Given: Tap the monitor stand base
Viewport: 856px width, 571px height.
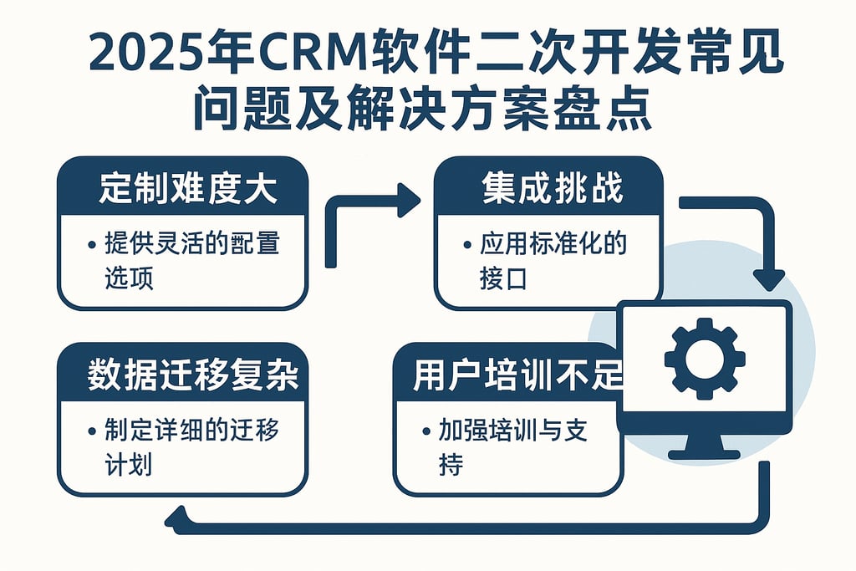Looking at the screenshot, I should click(x=704, y=454).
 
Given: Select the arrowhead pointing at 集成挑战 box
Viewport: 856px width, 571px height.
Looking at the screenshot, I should click(x=409, y=201).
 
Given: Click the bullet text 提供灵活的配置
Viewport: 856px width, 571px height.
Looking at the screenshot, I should click(x=191, y=244).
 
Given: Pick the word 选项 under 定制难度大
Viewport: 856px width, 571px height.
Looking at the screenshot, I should click(x=129, y=279).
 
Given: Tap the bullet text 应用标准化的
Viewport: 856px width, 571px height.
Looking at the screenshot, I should click(x=553, y=244).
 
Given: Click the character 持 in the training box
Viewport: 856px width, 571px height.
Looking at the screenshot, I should click(x=450, y=465).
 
